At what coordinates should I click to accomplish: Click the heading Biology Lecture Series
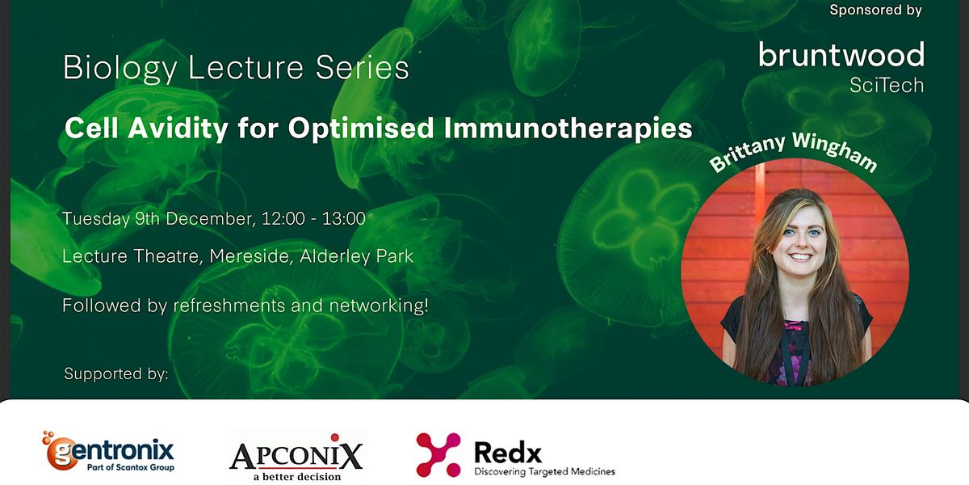(x=236, y=69)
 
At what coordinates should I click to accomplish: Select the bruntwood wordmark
(x=841, y=56)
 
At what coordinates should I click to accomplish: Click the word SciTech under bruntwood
(x=886, y=85)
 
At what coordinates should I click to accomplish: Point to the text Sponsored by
(x=875, y=11)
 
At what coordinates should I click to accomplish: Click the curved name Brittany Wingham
(x=793, y=151)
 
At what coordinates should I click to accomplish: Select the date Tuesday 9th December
(x=153, y=218)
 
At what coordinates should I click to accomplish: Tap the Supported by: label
(x=116, y=374)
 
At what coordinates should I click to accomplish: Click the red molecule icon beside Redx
(x=438, y=454)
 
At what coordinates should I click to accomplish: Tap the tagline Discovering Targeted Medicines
(x=544, y=471)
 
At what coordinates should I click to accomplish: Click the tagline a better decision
(x=296, y=476)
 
